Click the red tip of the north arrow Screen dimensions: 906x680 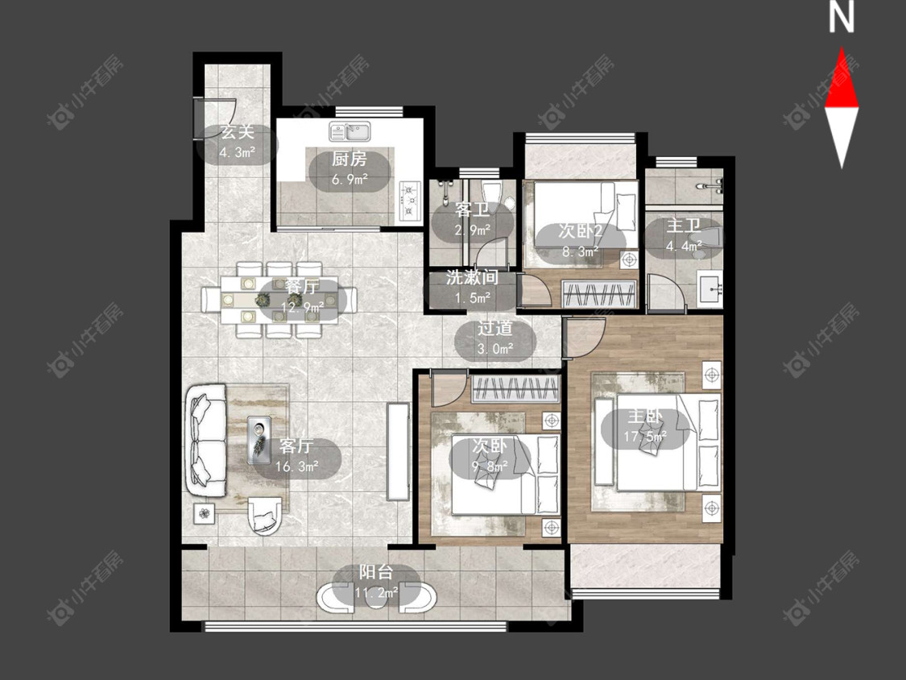coord(842,48)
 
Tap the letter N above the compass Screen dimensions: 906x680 coord(842,18)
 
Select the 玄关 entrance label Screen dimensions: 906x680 coord(238,132)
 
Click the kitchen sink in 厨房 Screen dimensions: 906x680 coord(351,131)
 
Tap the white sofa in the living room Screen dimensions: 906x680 coord(206,439)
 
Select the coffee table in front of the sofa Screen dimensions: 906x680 coord(259,439)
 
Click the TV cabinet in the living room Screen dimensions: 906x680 coord(398,452)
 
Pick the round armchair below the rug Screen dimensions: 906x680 coord(264,515)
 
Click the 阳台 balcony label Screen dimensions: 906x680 coord(376,573)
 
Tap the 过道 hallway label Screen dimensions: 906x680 coord(495,329)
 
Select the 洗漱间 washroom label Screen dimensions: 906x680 coord(472,277)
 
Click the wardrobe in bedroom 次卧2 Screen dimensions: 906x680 coord(599,294)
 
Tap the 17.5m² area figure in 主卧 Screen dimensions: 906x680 coord(645,436)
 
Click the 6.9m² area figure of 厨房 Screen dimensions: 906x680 coord(350,179)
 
